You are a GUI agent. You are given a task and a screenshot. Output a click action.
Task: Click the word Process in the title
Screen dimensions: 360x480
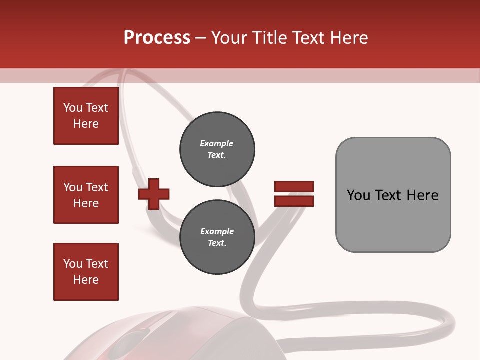(157, 38)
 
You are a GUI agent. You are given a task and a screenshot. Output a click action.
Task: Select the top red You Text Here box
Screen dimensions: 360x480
(86, 116)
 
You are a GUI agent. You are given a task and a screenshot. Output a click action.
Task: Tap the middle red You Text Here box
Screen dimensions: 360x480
(86, 195)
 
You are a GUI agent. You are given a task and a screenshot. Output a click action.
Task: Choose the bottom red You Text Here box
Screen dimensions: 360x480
(86, 272)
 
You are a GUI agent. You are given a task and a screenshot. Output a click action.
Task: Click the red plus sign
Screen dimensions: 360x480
(154, 194)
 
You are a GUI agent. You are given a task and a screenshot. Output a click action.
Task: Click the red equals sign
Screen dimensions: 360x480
(294, 194)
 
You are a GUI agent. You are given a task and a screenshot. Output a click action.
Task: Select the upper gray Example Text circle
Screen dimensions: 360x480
(217, 149)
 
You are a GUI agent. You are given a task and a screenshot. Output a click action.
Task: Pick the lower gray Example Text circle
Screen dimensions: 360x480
(217, 237)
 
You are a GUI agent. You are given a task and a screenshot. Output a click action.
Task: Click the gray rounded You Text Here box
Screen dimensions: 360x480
(393, 195)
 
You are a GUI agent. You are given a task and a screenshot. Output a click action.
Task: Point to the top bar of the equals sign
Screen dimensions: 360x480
(294, 187)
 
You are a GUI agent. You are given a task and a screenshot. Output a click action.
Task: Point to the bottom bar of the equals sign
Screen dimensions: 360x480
(294, 201)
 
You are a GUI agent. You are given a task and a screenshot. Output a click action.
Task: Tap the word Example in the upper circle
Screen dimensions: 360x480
(217, 143)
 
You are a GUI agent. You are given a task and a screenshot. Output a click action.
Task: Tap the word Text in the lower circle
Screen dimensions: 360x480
(217, 243)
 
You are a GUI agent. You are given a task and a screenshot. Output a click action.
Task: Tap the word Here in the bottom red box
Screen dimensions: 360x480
(86, 280)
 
